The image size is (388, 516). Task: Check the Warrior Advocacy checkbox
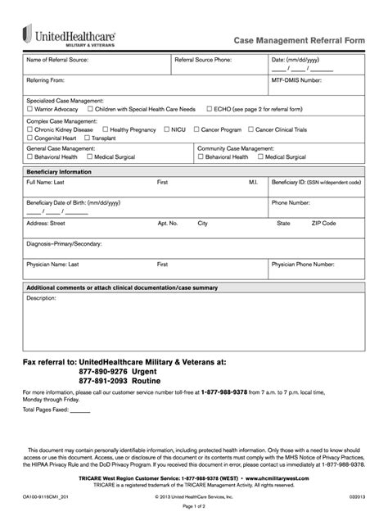[30, 108]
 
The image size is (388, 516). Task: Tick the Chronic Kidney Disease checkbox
[30, 129]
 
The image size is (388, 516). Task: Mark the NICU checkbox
[168, 129]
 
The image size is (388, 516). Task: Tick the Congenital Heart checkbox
[30, 138]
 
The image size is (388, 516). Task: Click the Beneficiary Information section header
[59, 172]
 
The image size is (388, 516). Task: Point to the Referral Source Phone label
[205, 60]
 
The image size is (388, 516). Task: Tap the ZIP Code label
[323, 223]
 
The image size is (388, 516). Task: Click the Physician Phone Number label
[303, 265]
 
